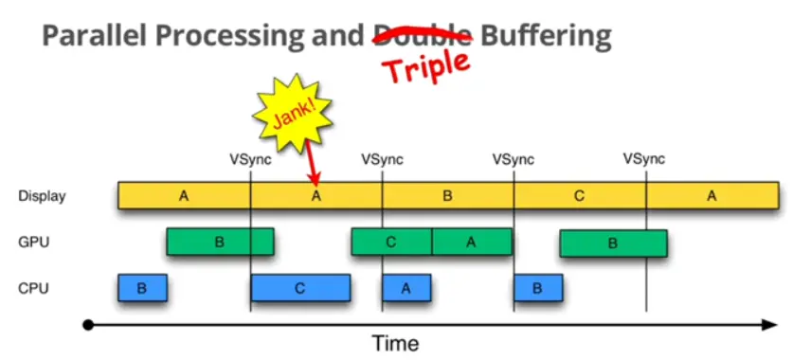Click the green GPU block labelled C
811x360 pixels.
pyautogui.click(x=391, y=242)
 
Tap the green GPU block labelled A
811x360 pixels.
pyautogui.click(x=471, y=242)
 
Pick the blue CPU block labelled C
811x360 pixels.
pyautogui.click(x=300, y=288)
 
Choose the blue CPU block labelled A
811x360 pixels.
pyautogui.click(x=406, y=288)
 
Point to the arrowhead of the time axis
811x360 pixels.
pyautogui.click(x=771, y=325)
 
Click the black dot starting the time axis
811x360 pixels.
pyautogui.click(x=88, y=325)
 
